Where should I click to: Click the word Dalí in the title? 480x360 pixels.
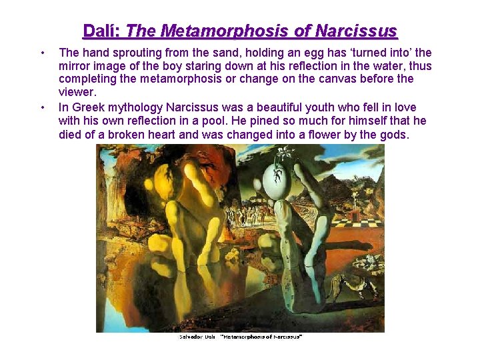pyautogui.click(x=101, y=31)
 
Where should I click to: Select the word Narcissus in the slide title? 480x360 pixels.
pyautogui.click(x=356, y=31)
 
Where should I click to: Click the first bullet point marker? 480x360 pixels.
pyautogui.click(x=43, y=53)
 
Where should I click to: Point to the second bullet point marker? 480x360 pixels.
pyautogui.click(x=43, y=107)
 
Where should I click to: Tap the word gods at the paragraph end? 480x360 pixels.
pyautogui.click(x=392, y=134)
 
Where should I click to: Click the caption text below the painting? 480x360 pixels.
pyautogui.click(x=241, y=337)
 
